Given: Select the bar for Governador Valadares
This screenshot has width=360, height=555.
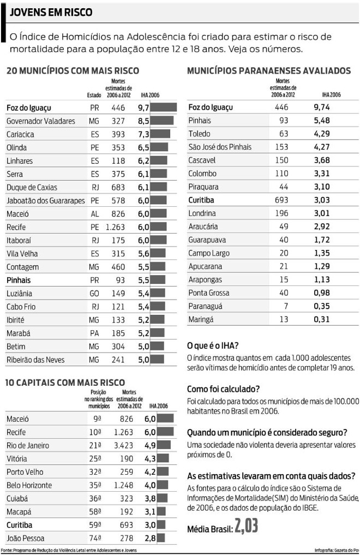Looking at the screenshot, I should point(162,121).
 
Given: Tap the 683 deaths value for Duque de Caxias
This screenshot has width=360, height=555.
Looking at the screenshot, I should point(118,187).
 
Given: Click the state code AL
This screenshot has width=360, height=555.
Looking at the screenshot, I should point(95,214).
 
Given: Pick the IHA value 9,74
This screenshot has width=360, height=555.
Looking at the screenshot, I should point(322,108).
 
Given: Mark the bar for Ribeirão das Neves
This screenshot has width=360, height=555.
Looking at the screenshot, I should point(158,360).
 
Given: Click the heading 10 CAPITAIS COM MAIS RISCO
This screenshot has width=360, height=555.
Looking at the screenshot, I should point(65,383).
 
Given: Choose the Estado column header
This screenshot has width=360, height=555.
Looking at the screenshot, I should point(94,95).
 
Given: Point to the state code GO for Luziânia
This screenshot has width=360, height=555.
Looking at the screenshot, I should point(95,293).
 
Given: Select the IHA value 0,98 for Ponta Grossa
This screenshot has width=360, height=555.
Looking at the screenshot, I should point(322,293).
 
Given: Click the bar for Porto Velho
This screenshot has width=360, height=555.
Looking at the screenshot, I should point(165,472).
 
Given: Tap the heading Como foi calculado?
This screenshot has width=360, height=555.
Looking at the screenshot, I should point(223,389).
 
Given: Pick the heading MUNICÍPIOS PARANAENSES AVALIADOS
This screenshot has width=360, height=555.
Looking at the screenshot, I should point(269,71).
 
